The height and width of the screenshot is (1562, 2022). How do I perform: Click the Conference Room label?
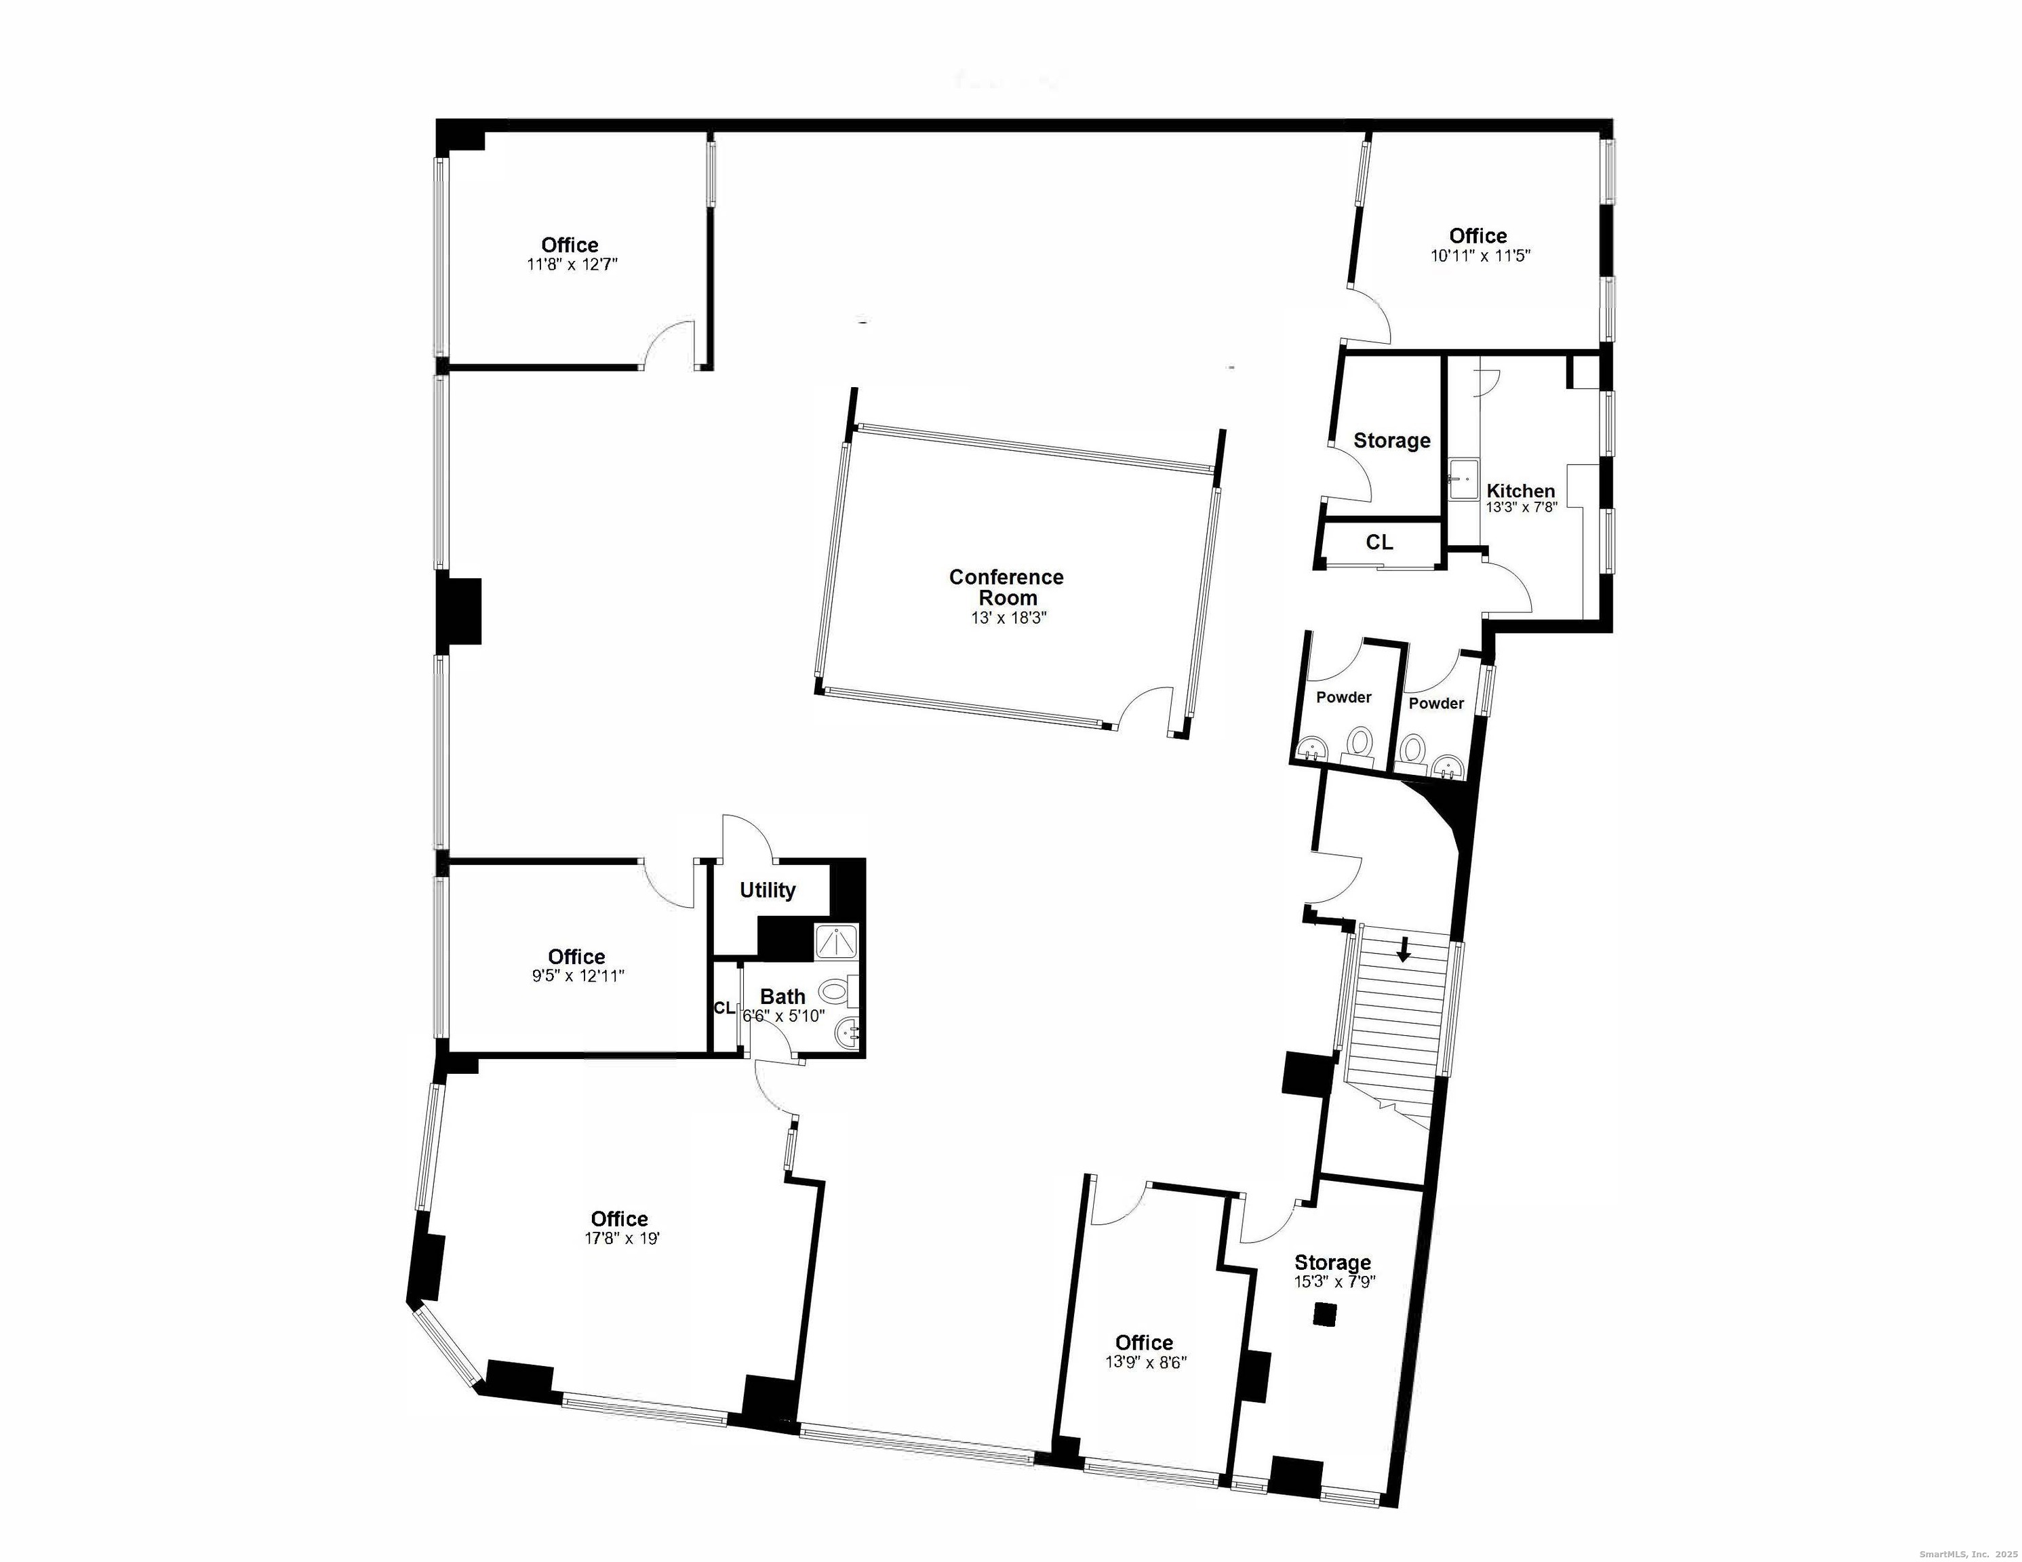click(1006, 587)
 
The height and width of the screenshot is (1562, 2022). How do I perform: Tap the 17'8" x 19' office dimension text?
click(621, 1238)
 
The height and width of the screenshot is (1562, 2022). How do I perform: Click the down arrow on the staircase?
click(1404, 949)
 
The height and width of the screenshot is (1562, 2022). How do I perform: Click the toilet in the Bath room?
click(835, 993)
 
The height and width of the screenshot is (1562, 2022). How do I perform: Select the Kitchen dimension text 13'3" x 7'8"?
click(1521, 507)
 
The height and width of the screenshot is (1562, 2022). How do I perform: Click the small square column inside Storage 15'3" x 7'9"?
click(1327, 1315)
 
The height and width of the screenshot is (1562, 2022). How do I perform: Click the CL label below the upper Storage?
click(1379, 542)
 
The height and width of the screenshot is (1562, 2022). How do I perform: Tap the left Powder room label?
click(1343, 697)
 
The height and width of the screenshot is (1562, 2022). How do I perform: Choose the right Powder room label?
click(1436, 704)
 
